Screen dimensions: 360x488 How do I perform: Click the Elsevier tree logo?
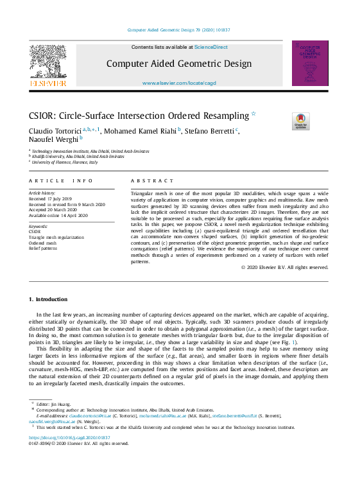click(48, 64)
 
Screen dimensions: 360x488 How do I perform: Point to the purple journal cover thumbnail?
click(310, 64)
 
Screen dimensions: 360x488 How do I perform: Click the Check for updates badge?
click(300, 121)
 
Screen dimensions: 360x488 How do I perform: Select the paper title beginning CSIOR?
click(138, 116)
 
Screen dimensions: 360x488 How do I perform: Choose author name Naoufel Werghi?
click(53, 139)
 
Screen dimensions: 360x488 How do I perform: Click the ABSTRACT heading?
click(152, 181)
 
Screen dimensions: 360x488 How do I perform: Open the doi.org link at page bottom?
click(70, 438)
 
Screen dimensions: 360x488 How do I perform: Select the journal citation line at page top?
click(179, 30)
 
